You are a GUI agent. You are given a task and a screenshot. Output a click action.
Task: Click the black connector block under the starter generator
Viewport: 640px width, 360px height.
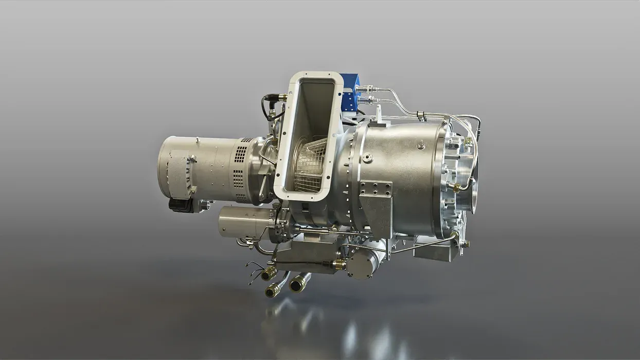[181, 204]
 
